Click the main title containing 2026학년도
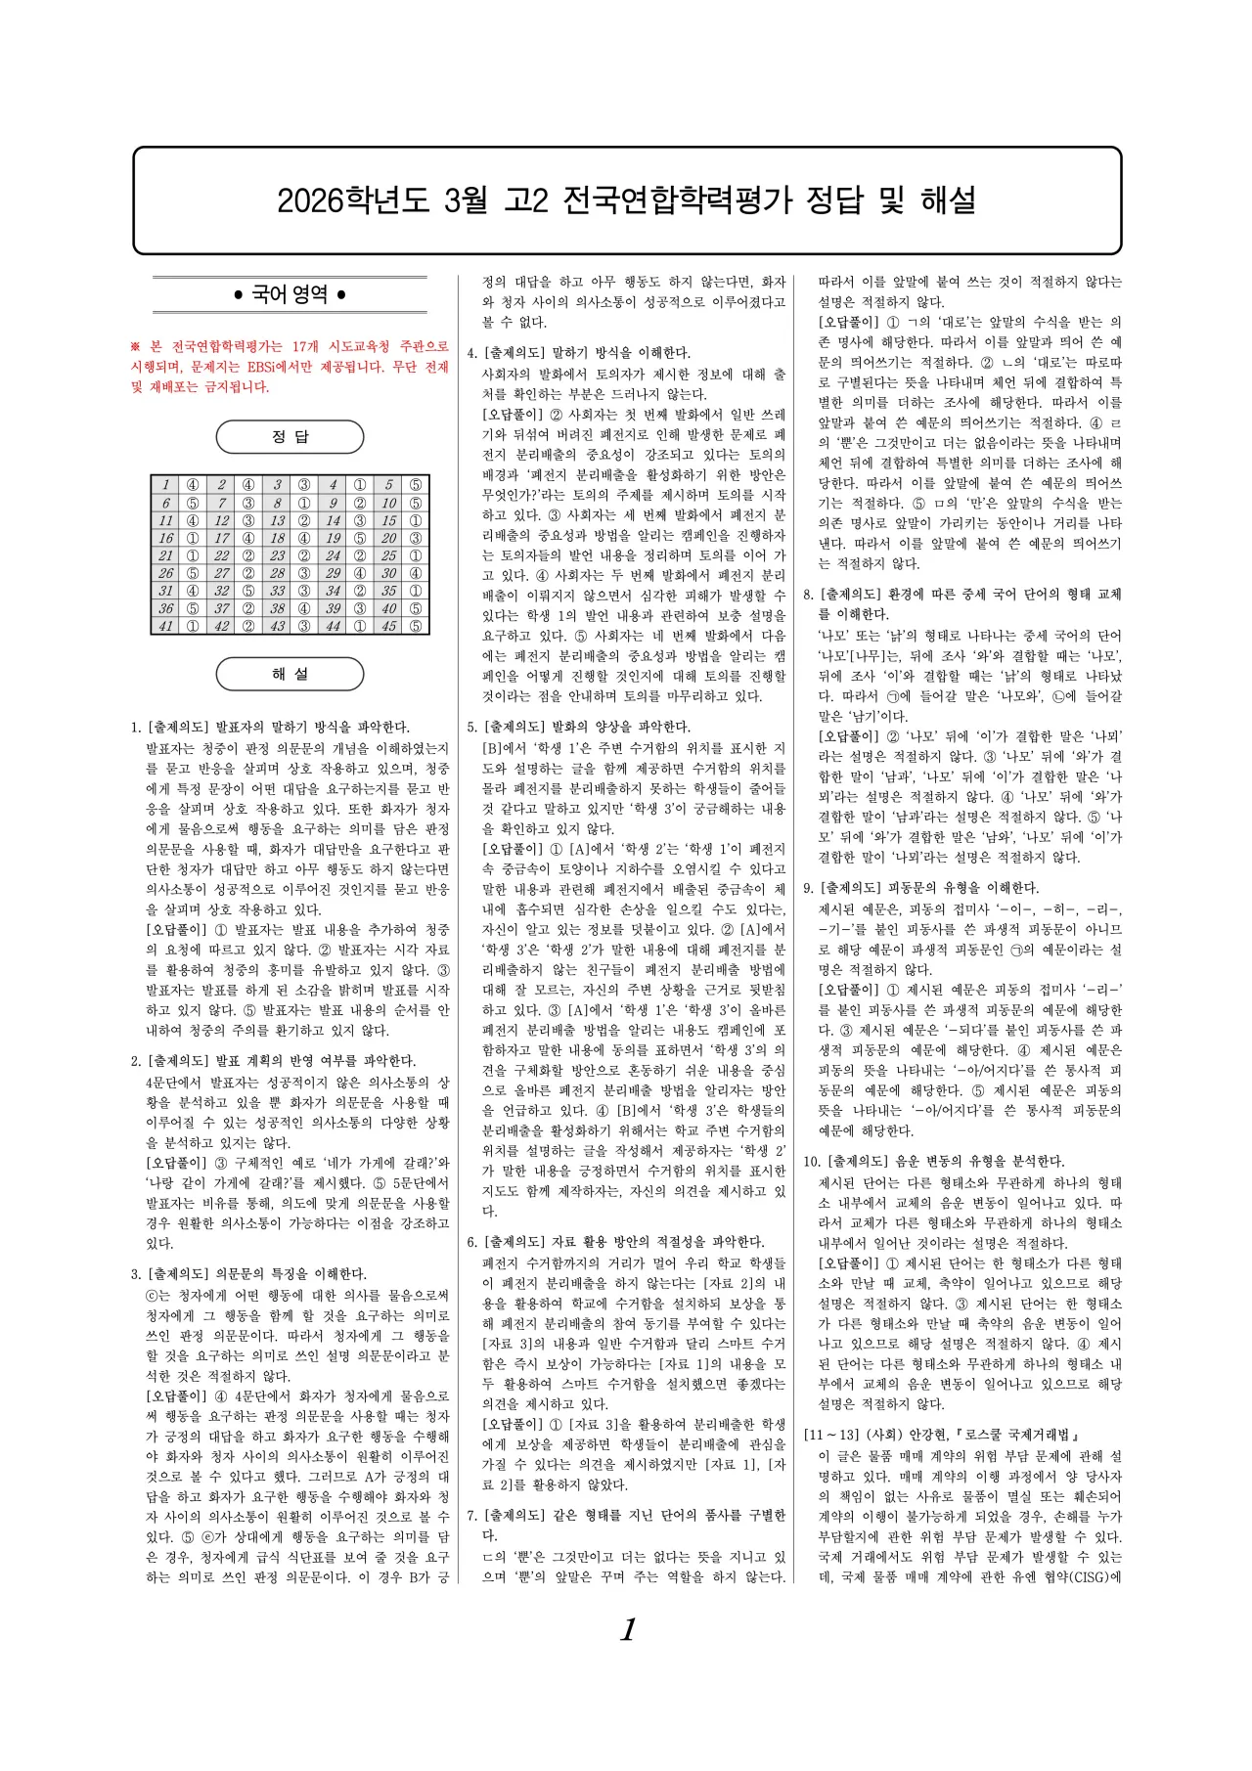point(626,200)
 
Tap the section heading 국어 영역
point(290,294)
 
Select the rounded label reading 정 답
point(290,437)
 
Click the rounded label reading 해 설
point(290,674)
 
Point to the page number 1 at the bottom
point(628,1629)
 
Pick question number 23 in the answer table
point(277,555)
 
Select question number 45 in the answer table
point(388,626)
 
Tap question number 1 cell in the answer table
point(165,485)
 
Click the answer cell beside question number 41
point(193,626)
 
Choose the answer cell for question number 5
point(416,485)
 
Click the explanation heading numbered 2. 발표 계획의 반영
point(273,1061)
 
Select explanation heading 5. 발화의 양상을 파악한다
point(578,728)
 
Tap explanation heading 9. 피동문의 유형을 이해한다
point(920,888)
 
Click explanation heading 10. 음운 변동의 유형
point(933,1162)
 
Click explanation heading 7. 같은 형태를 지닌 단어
point(626,1516)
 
